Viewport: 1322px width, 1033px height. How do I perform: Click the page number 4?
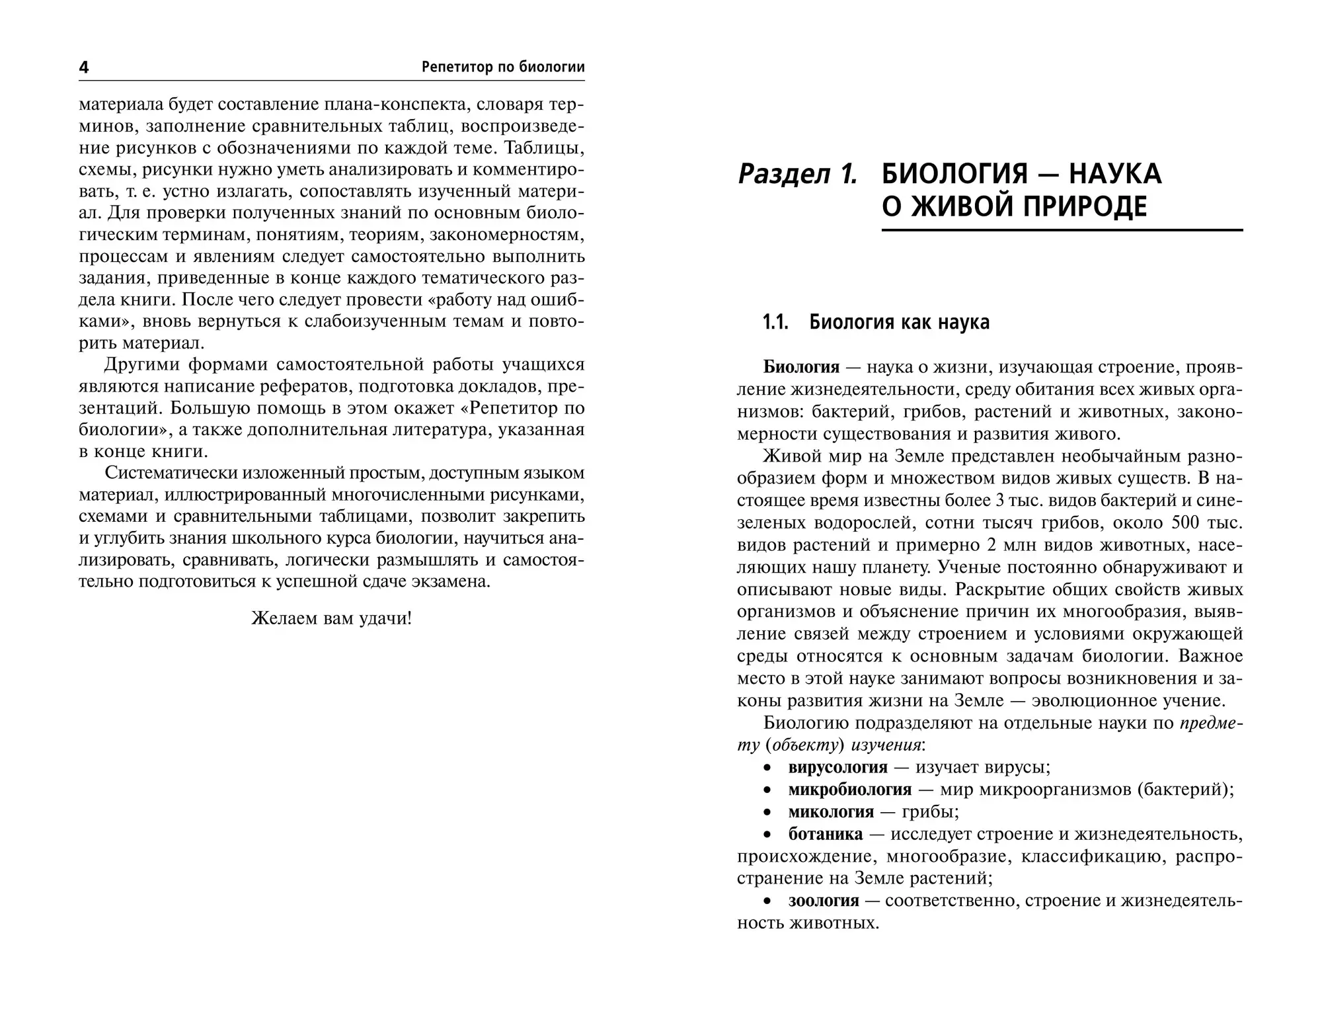point(84,67)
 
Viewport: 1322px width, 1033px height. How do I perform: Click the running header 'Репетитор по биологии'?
point(502,67)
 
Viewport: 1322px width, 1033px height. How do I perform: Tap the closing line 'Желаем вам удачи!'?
point(331,618)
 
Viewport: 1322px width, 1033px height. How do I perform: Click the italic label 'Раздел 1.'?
point(797,174)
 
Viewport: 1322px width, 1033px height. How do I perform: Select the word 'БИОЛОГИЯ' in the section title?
point(954,174)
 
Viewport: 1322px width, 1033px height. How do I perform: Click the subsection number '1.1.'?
point(775,323)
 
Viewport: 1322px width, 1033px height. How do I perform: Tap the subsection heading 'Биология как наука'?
point(900,323)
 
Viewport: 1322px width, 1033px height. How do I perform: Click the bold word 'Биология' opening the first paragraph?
point(800,367)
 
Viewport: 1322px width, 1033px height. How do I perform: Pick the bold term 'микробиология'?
point(849,790)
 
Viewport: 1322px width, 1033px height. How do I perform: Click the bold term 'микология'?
point(831,811)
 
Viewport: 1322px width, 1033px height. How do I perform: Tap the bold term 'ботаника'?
point(826,834)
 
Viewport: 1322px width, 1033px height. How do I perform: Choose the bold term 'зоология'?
point(824,901)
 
